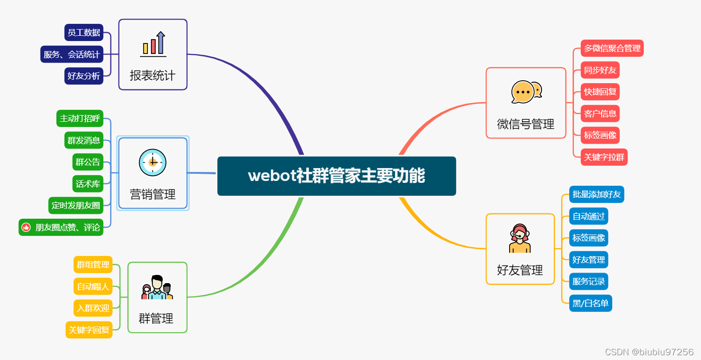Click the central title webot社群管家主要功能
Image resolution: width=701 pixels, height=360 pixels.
336,176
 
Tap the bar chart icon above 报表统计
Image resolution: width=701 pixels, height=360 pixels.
153,43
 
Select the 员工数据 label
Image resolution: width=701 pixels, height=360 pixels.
84,32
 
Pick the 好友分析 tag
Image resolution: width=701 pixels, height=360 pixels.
84,76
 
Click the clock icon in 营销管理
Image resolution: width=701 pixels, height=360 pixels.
153,162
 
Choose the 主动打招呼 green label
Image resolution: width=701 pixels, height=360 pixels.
80,118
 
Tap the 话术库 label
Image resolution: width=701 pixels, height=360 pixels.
88,184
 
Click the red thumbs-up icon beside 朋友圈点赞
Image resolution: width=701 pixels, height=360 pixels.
26,227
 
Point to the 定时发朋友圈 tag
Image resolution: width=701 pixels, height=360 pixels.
76,206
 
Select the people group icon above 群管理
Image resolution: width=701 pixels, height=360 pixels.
157,287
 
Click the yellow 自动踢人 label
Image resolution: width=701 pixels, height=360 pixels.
93,286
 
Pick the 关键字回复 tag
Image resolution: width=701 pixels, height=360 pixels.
89,330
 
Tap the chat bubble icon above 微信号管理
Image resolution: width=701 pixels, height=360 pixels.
526,92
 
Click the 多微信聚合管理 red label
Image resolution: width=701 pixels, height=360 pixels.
612,48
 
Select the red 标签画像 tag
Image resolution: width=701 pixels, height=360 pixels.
600,135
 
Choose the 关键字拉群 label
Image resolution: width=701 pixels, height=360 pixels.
604,157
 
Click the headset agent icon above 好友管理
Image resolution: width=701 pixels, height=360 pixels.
520,238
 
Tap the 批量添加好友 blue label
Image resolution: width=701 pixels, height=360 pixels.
596,194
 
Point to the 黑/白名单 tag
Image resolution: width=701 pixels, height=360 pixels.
590,303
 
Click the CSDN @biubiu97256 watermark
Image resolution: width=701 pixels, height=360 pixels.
649,352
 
